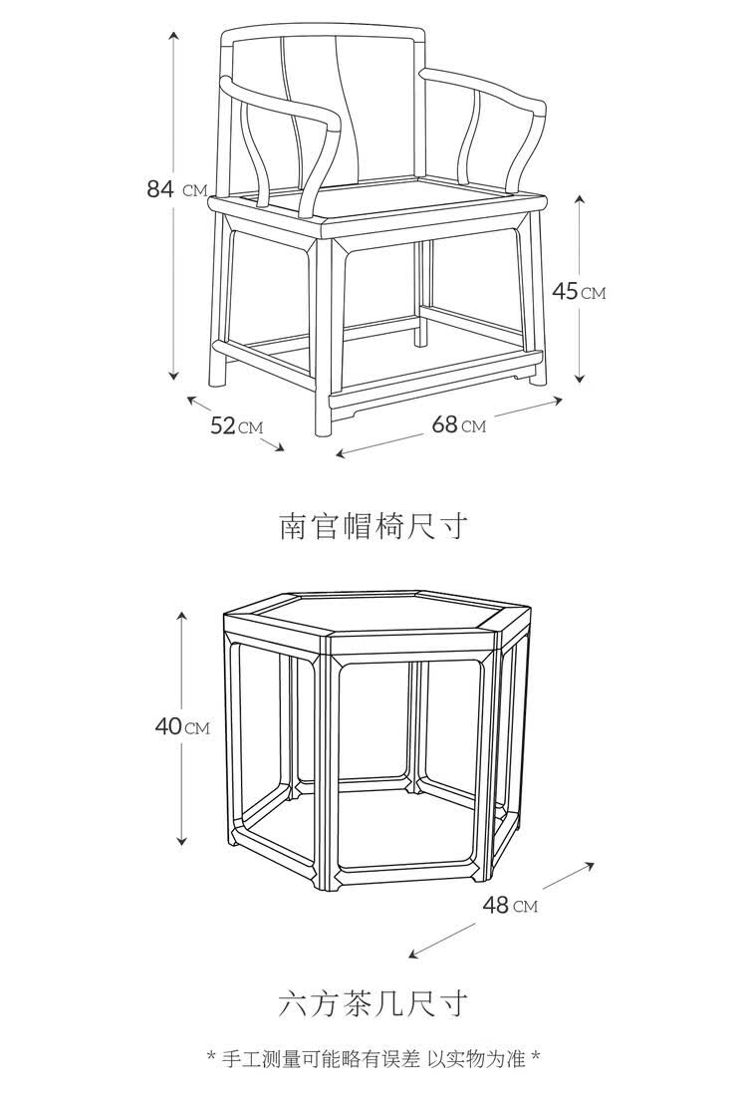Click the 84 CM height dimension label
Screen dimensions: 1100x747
click(x=177, y=188)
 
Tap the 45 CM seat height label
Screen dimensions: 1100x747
click(x=579, y=291)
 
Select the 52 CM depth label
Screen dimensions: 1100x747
click(x=236, y=425)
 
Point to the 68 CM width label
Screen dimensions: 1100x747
click(x=458, y=424)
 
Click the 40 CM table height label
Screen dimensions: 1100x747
click(x=182, y=726)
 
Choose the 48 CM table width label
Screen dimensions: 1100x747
click(x=510, y=905)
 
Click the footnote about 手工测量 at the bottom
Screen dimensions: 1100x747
click(x=373, y=1057)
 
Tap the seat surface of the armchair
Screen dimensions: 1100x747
click(x=398, y=203)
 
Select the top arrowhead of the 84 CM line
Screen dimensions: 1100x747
click(x=174, y=35)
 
